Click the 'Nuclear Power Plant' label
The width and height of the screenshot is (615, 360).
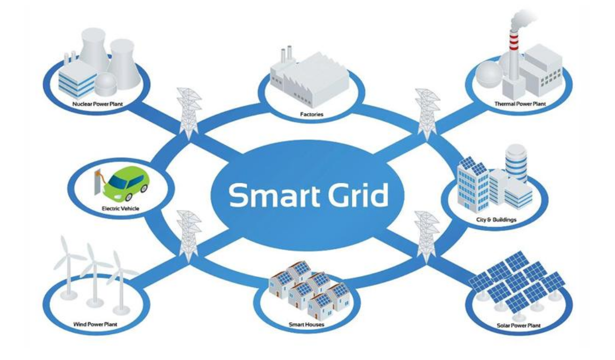pos(98,104)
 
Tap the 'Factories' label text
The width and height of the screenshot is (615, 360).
pos(312,114)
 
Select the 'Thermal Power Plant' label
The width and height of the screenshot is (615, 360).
pos(519,104)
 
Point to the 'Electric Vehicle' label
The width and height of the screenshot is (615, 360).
pos(121,208)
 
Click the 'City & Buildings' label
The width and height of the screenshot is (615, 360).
pos(496,220)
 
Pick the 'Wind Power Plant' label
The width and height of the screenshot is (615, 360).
pos(96,324)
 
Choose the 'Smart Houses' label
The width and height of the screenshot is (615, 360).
pos(306,325)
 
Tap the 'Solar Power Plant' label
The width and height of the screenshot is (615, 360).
pos(518,325)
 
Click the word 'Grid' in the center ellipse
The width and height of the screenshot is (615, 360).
pos(359,195)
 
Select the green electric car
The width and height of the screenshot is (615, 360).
pos(126,183)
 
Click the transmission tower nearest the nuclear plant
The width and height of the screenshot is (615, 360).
pos(188,113)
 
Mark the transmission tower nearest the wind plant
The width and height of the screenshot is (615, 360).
pos(189,236)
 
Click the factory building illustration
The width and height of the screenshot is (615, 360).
pos(309,78)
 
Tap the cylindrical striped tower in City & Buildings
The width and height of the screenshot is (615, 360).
pos(516,163)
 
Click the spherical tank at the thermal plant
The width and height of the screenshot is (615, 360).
pos(489,75)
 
